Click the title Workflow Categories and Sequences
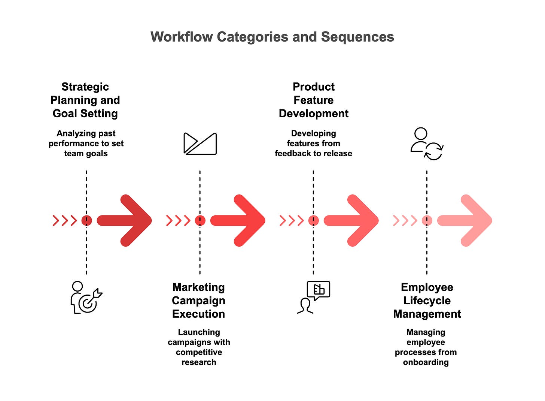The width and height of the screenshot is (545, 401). click(272, 37)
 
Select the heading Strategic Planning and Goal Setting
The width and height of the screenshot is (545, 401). click(85, 100)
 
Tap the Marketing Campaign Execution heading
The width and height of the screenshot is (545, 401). click(199, 301)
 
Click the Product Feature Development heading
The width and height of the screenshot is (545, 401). click(314, 100)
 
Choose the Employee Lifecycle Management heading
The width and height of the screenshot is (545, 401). click(427, 301)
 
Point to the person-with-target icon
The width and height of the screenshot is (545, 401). click(86, 298)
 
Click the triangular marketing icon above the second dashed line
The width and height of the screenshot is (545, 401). click(200, 144)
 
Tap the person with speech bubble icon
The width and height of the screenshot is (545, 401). click(314, 297)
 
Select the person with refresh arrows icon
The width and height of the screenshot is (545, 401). click(427, 144)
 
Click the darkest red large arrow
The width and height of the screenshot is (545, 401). click(125, 220)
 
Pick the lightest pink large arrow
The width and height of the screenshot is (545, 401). click(466, 220)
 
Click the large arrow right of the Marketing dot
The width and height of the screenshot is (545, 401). click(239, 220)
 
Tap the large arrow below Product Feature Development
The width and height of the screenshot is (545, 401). click(352, 220)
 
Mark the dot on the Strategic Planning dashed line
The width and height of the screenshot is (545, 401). click(86, 220)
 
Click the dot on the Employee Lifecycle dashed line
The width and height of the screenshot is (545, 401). click(427, 220)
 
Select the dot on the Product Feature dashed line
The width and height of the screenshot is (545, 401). click(313, 220)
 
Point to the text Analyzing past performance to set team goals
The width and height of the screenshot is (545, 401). click(86, 144)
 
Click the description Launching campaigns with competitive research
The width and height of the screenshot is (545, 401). click(199, 347)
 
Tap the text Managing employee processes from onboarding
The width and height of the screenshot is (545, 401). click(426, 347)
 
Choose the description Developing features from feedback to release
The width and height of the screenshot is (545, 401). click(314, 144)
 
